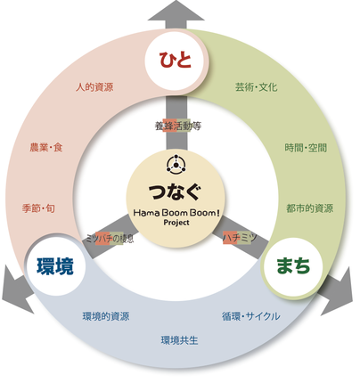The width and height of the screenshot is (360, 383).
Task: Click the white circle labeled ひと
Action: click(x=175, y=61)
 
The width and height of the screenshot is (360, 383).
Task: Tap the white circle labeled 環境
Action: click(x=55, y=265)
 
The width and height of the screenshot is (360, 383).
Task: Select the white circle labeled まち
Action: click(x=293, y=266)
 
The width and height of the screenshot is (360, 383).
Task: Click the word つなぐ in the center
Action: click(x=175, y=191)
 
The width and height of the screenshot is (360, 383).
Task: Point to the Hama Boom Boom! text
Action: click(x=176, y=213)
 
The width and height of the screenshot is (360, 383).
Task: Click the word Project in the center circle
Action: click(x=176, y=223)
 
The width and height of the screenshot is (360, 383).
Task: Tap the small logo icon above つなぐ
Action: click(x=176, y=164)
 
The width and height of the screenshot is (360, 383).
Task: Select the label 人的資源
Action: click(x=94, y=87)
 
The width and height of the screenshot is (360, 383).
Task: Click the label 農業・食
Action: click(x=46, y=147)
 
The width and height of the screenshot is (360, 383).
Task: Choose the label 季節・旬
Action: click(x=38, y=208)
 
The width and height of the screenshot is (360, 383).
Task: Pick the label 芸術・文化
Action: click(x=256, y=87)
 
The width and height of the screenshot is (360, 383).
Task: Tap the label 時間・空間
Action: click(x=306, y=148)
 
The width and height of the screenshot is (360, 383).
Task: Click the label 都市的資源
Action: click(x=309, y=208)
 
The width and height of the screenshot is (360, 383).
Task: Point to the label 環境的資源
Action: click(x=106, y=316)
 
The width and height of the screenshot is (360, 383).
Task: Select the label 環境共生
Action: click(x=179, y=340)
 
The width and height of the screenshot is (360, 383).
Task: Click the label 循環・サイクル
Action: click(x=251, y=316)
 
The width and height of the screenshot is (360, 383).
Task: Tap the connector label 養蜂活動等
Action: click(x=178, y=126)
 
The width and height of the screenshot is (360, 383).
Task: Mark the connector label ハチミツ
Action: click(x=240, y=238)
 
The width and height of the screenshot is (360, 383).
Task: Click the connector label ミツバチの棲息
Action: click(x=110, y=239)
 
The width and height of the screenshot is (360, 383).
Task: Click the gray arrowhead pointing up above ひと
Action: click(x=176, y=12)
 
